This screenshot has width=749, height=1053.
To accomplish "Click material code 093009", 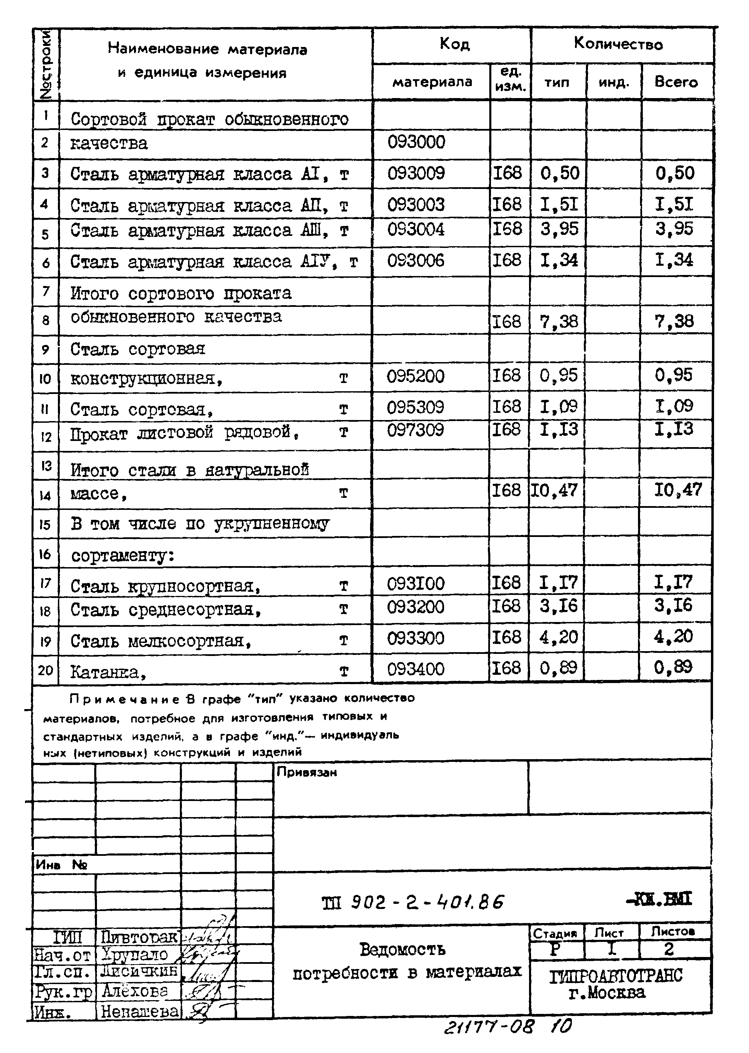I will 416,173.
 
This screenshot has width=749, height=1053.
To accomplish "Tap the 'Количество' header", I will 618,44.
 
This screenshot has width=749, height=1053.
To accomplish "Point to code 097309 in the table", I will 416,430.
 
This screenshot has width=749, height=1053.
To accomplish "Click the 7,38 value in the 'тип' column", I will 558,321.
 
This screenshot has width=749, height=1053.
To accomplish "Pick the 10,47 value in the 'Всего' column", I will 678,490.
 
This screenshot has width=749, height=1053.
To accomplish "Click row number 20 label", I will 45,670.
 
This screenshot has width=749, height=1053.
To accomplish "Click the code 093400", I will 416,669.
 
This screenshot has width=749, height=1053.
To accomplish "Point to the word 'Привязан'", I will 307,773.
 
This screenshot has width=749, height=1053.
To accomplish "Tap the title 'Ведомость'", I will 402,950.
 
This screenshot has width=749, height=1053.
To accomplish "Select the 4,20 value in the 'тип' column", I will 558,637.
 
